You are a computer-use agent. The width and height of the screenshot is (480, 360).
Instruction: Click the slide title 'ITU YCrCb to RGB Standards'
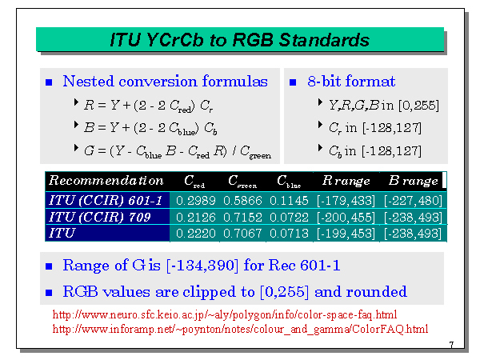240,40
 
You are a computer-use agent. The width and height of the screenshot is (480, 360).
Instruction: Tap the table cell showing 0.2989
196,201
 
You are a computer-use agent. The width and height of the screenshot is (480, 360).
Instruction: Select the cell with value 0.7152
242,218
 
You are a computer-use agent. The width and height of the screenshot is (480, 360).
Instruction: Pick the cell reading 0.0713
289,234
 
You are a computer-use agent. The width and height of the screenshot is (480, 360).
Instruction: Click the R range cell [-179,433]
346,201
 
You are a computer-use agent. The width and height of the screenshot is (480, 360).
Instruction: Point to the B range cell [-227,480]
414,201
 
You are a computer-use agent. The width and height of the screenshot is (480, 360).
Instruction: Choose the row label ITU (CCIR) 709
100,217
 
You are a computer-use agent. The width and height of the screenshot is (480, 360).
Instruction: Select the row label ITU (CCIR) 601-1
106,201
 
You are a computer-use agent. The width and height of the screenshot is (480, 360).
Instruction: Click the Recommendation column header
106,180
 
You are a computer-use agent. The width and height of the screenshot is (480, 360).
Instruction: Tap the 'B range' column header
414,181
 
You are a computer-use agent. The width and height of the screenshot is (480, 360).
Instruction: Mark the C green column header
242,182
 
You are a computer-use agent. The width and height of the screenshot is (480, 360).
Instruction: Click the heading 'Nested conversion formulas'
165,82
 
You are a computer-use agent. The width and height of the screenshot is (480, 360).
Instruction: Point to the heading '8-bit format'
351,82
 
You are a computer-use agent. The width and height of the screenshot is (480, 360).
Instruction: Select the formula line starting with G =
178,151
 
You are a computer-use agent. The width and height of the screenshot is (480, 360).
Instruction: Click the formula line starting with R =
149,106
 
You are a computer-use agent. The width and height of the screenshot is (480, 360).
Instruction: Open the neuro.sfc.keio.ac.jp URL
225,314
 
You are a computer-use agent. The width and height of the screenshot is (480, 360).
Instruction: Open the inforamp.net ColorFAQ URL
240,329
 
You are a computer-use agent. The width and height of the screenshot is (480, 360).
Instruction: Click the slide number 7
451,345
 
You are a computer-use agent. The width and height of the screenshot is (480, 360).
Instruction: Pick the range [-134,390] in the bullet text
202,266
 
